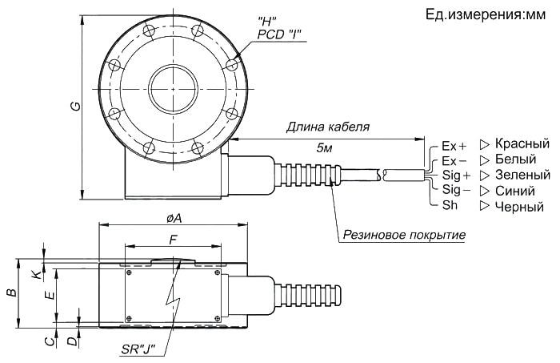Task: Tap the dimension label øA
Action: (x=173, y=218)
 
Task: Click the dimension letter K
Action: (x=34, y=274)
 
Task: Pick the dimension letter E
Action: (x=50, y=294)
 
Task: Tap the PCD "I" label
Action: (x=281, y=31)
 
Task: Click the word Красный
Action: (x=522, y=144)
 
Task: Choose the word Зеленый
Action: (x=522, y=175)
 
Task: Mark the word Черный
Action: (x=520, y=206)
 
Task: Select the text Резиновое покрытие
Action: (x=404, y=236)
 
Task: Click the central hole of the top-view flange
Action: (x=172, y=83)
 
